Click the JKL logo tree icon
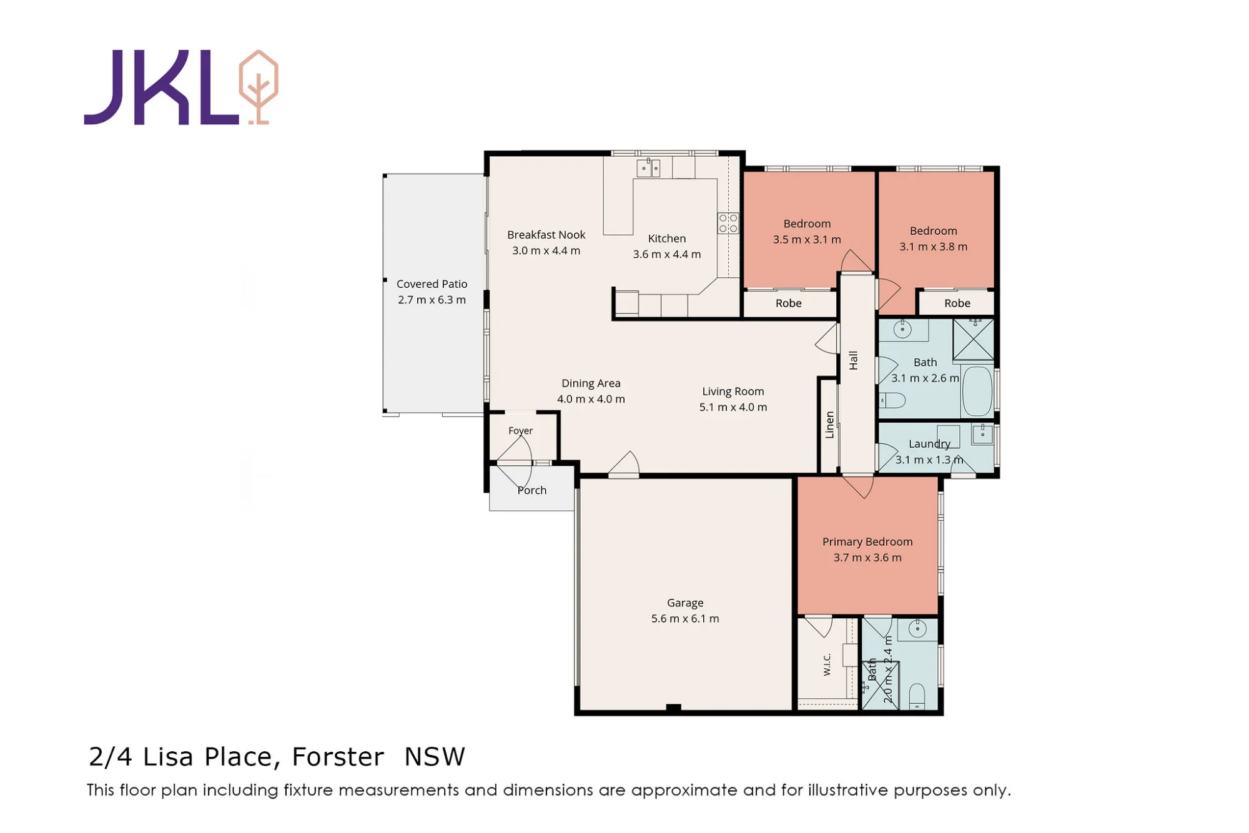pyautogui.click(x=259, y=87)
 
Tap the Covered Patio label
pyautogui.click(x=432, y=284)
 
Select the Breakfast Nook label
pyautogui.click(x=546, y=235)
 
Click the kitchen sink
pyautogui.click(x=648, y=167)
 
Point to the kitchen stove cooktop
pyautogui.click(x=728, y=223)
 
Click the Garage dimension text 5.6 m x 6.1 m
pyautogui.click(x=685, y=619)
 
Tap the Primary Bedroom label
pyautogui.click(x=867, y=542)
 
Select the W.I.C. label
pyautogui.click(x=827, y=664)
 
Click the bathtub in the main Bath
pyautogui.click(x=977, y=391)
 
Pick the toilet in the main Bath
pyautogui.click(x=892, y=400)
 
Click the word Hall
pyautogui.click(x=853, y=360)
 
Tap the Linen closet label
pyautogui.click(x=829, y=425)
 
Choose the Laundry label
pyautogui.click(x=929, y=444)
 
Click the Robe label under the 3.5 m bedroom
pyautogui.click(x=789, y=303)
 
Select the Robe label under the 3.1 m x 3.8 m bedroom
pyautogui.click(x=957, y=303)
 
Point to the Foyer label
pyautogui.click(x=520, y=431)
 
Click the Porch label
pyautogui.click(x=531, y=491)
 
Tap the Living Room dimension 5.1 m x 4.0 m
pyautogui.click(x=733, y=407)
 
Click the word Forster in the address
pyautogui.click(x=338, y=757)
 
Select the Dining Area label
pyautogui.click(x=591, y=383)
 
